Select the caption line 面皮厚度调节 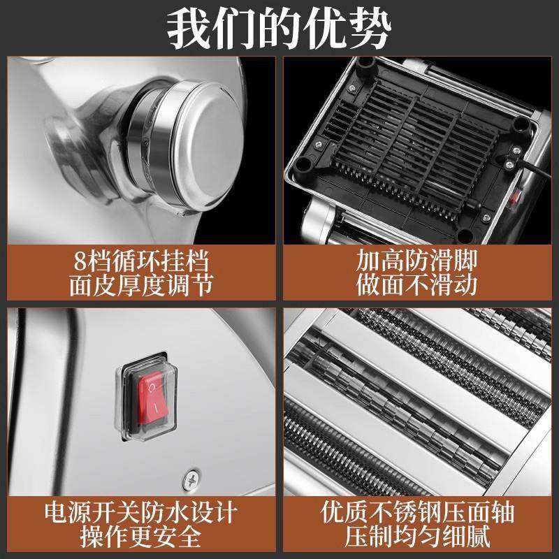[140, 286]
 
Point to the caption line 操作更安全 [140, 537]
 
